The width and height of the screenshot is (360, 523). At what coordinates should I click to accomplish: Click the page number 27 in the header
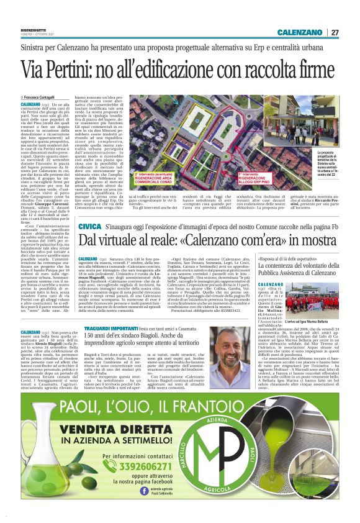point(335,32)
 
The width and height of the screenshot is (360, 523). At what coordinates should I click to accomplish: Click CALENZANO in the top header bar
point(300,32)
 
